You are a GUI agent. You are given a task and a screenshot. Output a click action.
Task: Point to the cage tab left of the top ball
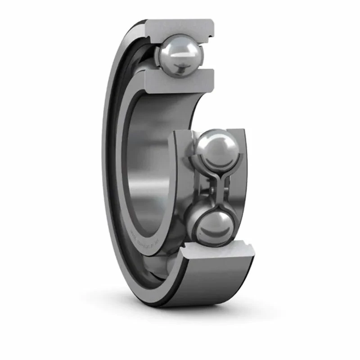click(x=157, y=56)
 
